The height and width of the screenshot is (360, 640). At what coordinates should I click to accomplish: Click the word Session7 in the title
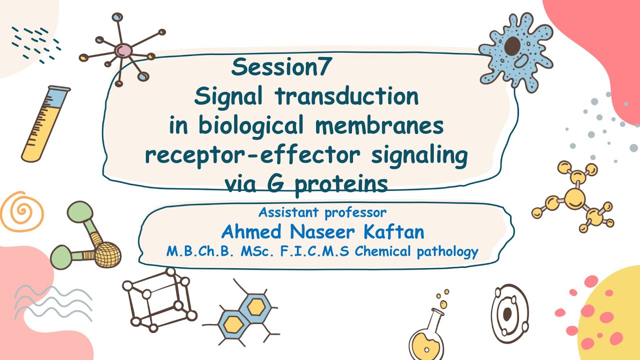click(281, 67)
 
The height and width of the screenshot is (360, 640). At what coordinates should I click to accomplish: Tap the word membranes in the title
click(379, 125)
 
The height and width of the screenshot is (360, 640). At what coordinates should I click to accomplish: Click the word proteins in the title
click(341, 184)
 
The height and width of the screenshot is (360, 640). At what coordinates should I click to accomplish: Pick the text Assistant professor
click(322, 212)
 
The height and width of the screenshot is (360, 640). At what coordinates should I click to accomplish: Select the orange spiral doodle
click(21, 211)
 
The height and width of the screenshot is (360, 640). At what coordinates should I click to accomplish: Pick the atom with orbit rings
click(508, 313)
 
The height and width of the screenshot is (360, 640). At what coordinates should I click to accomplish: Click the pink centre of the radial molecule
click(122, 50)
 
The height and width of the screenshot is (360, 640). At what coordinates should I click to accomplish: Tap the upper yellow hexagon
click(255, 306)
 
